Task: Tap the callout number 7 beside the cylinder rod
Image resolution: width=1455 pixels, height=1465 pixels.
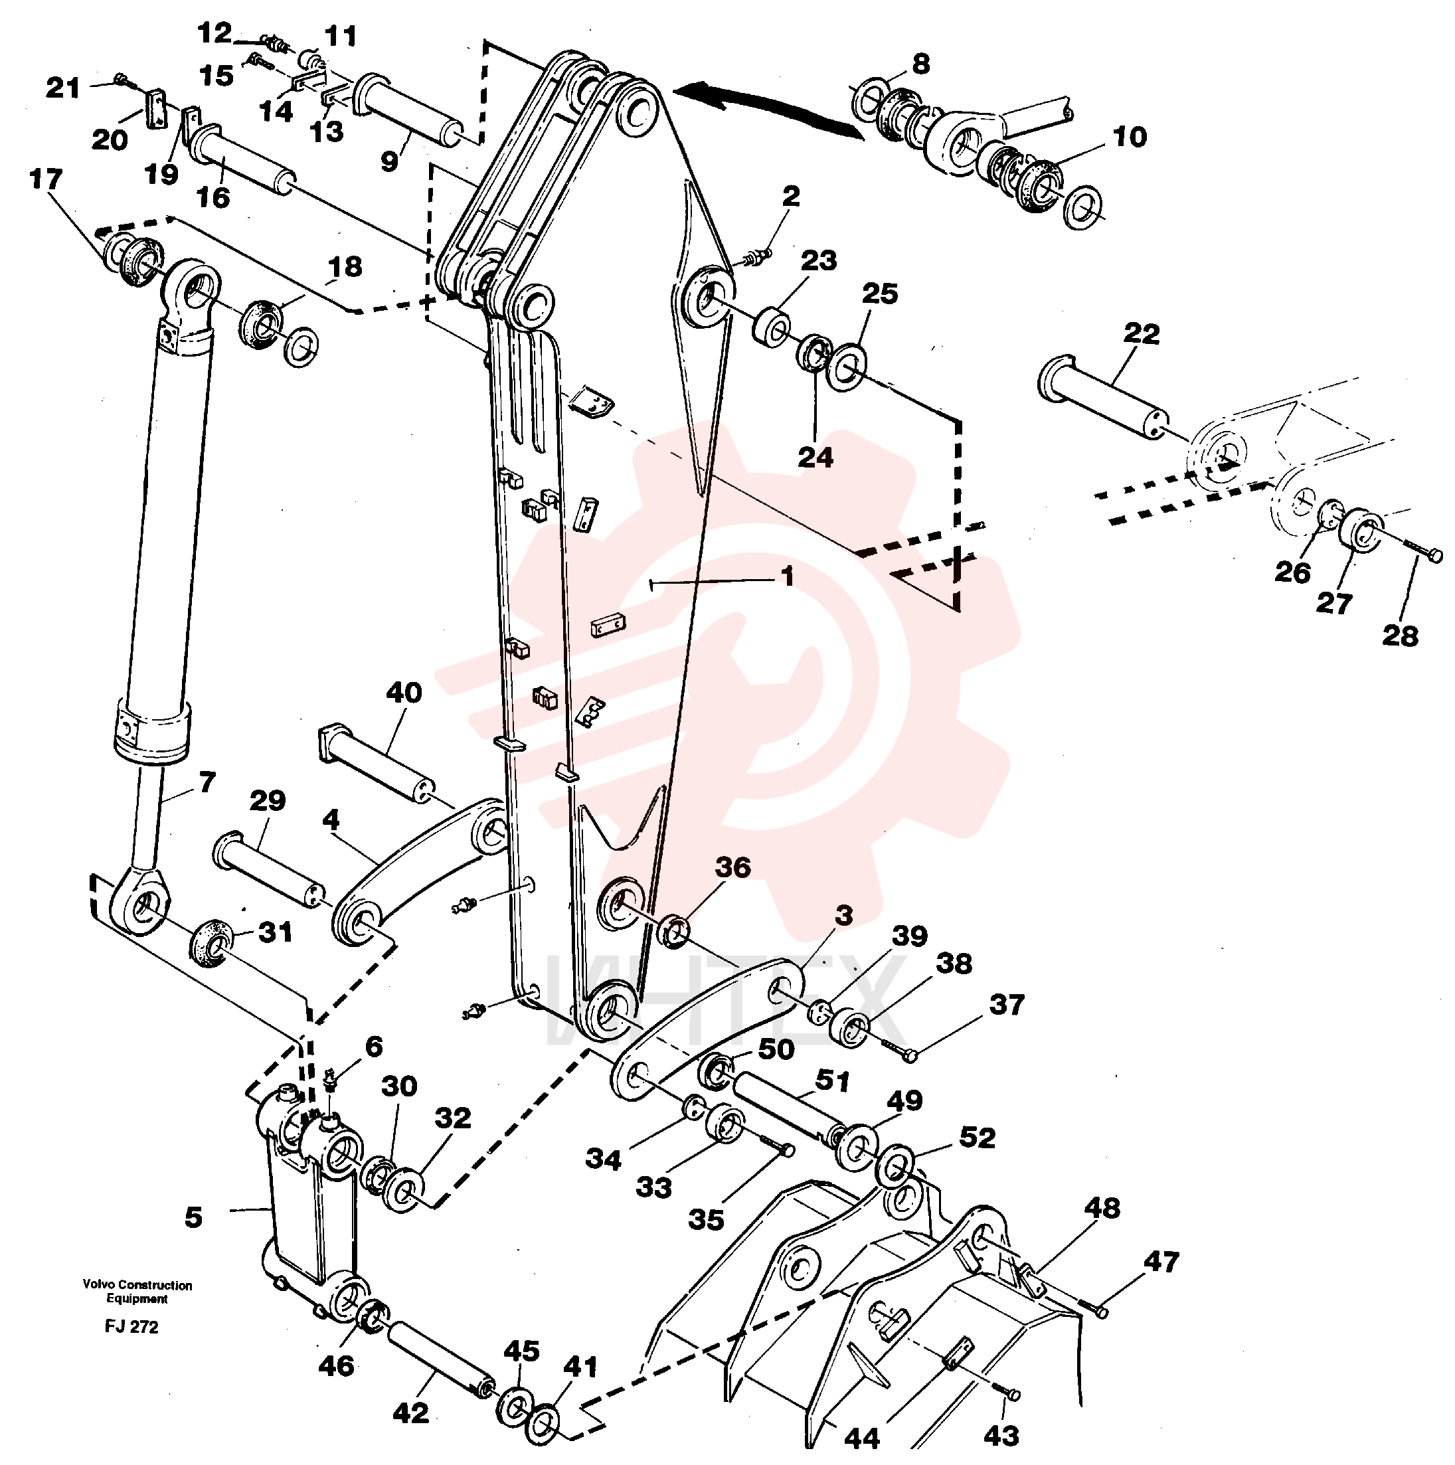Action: point(207,782)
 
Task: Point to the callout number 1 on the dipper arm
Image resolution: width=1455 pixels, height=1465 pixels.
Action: point(788,576)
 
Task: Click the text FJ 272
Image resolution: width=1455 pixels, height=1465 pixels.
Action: point(132,1326)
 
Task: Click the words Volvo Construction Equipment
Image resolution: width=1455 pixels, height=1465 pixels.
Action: point(137,1292)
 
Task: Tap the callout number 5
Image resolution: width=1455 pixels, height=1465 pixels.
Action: point(193,1218)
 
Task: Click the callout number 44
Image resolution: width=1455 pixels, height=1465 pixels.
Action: point(862,1437)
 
